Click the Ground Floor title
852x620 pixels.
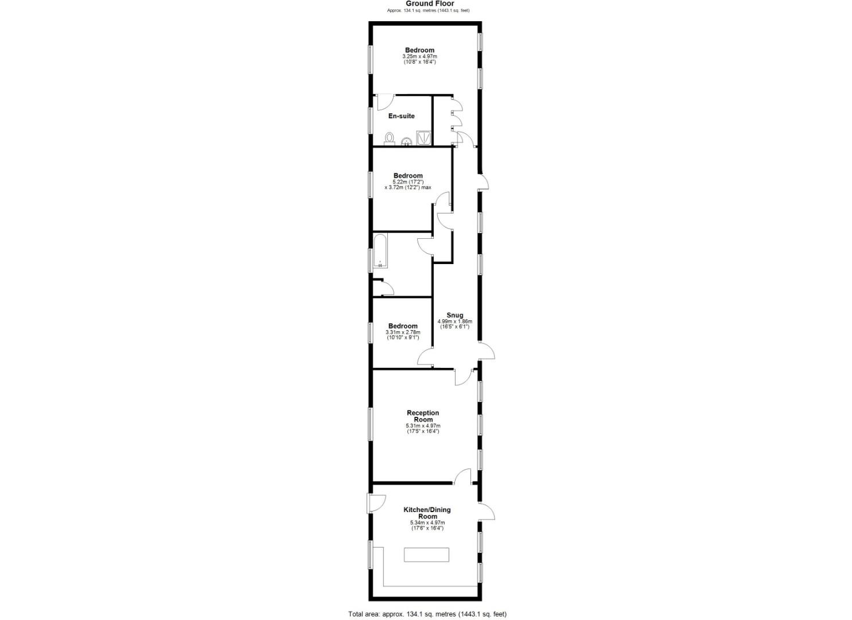pyautogui.click(x=426, y=3)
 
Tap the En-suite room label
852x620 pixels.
pyautogui.click(x=402, y=116)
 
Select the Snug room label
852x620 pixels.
pyautogui.click(x=454, y=315)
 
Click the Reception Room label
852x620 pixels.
pyautogui.click(x=423, y=416)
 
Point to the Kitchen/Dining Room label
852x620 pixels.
pyautogui.click(x=427, y=513)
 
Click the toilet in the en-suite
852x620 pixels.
pyautogui.click(x=390, y=138)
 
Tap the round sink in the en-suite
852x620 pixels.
pyautogui.click(x=406, y=141)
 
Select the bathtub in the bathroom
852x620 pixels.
pyautogui.click(x=380, y=251)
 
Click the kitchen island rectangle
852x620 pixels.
pyautogui.click(x=427, y=555)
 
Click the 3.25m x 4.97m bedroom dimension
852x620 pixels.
pyautogui.click(x=419, y=56)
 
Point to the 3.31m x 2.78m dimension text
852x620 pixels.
pyautogui.click(x=403, y=332)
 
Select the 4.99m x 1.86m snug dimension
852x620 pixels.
pyautogui.click(x=454, y=321)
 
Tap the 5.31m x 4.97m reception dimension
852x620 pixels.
pyautogui.click(x=423, y=426)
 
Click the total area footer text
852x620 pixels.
pyautogui.click(x=427, y=614)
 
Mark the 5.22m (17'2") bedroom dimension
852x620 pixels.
pyautogui.click(x=408, y=182)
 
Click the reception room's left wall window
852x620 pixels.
pyautogui.click(x=370, y=424)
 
